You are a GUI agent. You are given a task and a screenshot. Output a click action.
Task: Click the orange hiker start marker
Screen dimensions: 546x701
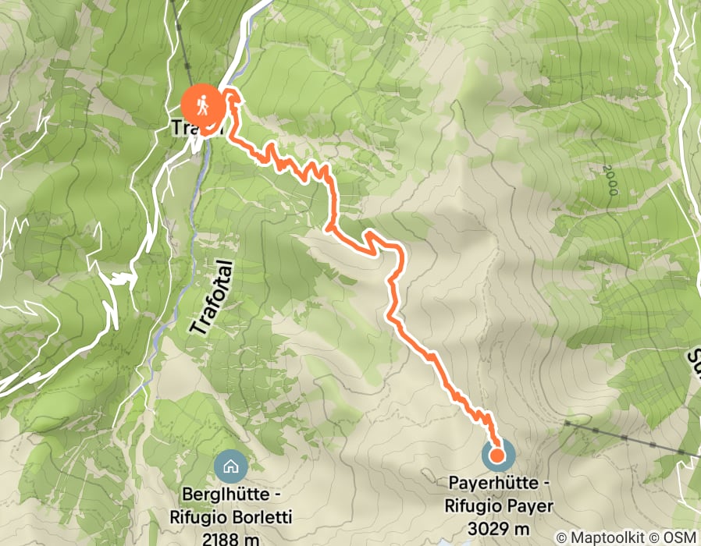click(201, 104)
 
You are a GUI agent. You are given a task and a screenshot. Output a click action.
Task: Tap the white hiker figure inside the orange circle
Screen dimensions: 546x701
click(201, 103)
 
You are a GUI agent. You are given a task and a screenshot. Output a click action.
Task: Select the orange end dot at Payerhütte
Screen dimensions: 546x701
click(496, 455)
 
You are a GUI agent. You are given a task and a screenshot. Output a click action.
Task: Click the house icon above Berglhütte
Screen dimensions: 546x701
click(231, 466)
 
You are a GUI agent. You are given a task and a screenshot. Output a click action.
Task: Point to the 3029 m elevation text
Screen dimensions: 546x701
click(499, 528)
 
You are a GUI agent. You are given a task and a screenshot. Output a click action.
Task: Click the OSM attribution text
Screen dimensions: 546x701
click(678, 537)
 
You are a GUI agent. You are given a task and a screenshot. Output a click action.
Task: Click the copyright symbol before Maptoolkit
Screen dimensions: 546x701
click(561, 537)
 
